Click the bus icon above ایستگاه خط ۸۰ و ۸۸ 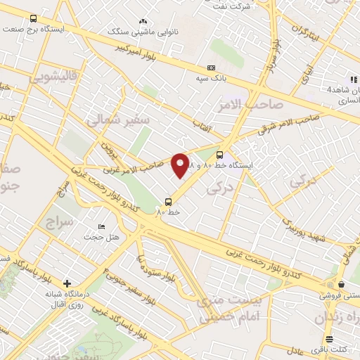(x=220, y=155)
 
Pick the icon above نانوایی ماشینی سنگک (x=143, y=22)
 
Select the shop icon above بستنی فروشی (x=341, y=284)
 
